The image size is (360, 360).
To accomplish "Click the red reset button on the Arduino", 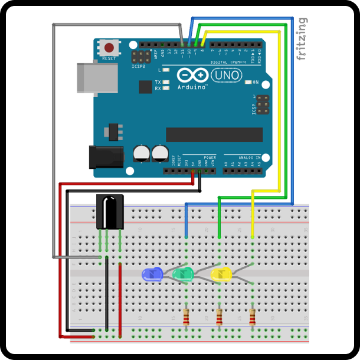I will tap(109, 48).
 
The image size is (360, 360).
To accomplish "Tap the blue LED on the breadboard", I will tap(152, 274).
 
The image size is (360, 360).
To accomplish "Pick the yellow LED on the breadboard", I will tap(221, 274).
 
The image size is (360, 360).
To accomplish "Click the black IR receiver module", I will tap(110, 211).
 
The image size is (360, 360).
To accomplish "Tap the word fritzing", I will tap(302, 38).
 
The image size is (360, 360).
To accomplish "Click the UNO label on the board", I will tap(224, 76).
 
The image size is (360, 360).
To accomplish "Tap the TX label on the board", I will tap(158, 82).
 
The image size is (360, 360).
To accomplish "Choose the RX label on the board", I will tap(158, 89).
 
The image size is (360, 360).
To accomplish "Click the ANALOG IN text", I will tap(248, 157).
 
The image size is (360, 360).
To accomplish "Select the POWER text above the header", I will tap(210, 157).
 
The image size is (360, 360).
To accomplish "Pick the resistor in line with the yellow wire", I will tap(253, 317).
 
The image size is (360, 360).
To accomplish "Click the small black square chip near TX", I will tap(145, 87).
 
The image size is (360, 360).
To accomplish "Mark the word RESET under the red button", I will tap(109, 58).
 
